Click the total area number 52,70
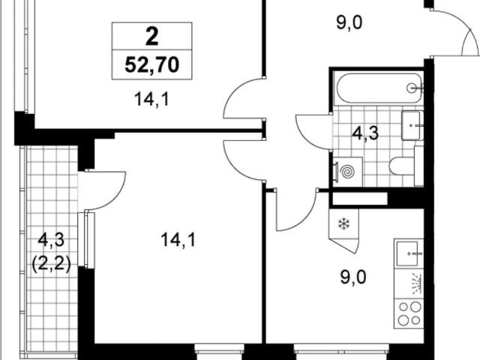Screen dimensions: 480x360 click(151, 65)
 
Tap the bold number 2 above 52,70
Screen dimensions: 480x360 click(151, 37)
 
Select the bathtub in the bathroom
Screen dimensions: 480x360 click(379, 88)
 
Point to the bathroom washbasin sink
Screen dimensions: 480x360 click(412, 125)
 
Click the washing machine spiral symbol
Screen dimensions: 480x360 click(348, 172)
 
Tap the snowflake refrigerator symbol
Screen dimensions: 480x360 click(343, 223)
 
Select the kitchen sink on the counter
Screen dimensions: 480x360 click(407, 253)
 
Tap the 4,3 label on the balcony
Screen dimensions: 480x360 click(51, 239)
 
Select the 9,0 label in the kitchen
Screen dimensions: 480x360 click(353, 277)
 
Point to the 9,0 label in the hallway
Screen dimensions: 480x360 click(349, 22)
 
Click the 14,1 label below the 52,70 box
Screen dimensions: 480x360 click(151, 99)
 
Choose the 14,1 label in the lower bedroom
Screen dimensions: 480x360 click(178, 239)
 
